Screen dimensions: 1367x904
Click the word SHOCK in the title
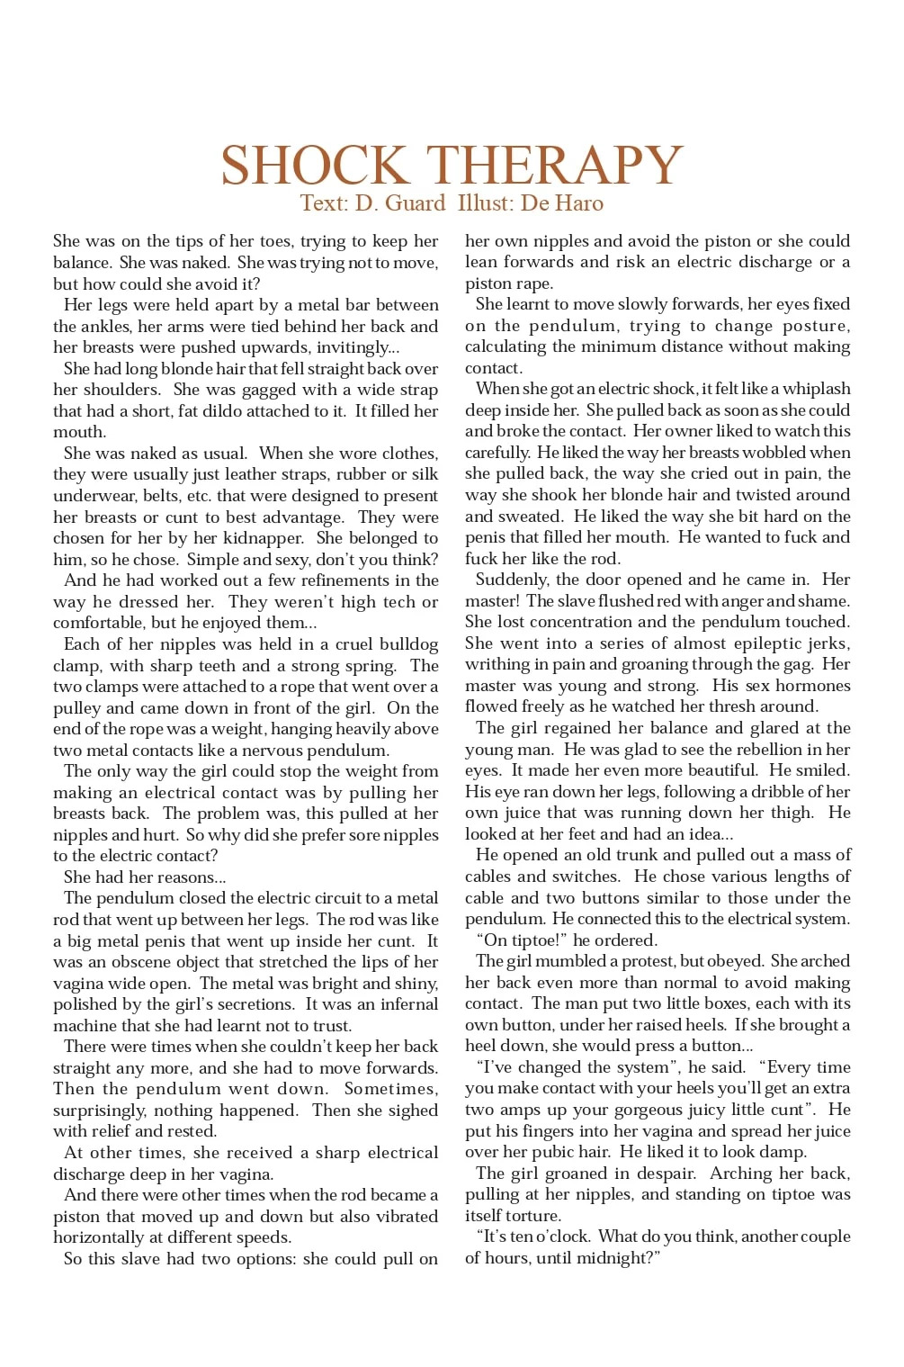point(314,166)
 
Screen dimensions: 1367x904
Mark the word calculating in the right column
point(510,346)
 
